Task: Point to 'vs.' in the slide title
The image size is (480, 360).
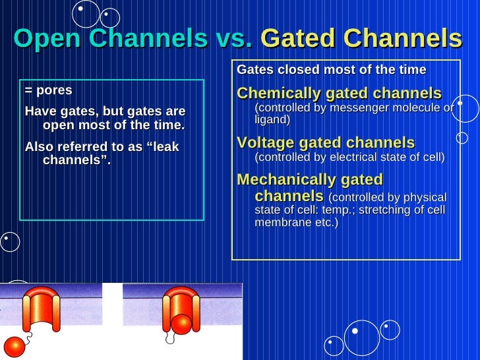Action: pos(234,40)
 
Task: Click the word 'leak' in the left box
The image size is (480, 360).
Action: pos(164,147)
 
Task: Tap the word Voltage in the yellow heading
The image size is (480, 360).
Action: pos(270,143)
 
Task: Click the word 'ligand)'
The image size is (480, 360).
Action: pos(272,120)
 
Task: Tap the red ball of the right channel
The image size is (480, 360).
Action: pos(181,323)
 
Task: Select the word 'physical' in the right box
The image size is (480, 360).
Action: pos(424,198)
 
